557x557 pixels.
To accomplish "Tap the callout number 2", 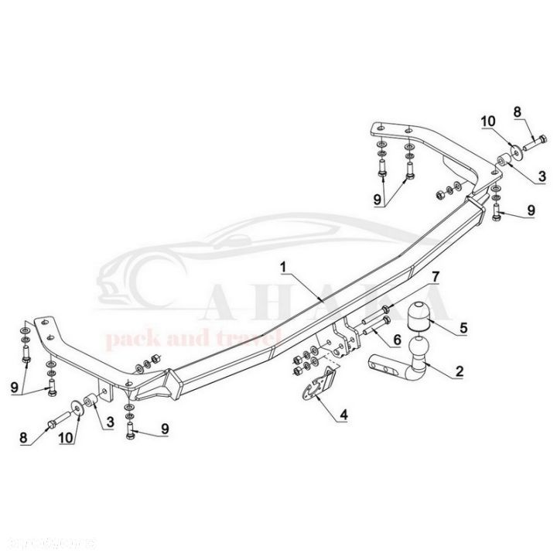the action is (459, 372).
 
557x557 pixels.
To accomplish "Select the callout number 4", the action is (343, 415).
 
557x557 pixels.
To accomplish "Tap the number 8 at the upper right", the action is (518, 113).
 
